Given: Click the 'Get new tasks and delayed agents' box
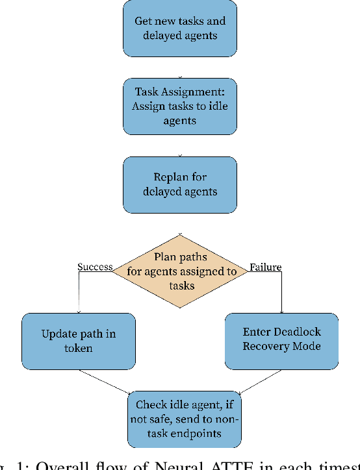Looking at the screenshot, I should coord(179,28).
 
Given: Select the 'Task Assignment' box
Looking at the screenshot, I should coord(179,106).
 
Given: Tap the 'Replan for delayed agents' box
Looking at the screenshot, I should coord(179,184).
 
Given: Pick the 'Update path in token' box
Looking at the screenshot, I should coord(79,341).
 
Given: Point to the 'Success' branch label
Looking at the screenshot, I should coord(95,267).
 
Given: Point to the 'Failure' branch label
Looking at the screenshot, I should coord(265,267).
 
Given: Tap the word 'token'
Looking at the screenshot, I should coord(79,348).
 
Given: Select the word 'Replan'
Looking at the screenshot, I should coord(171,177).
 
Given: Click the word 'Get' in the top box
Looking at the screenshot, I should coord(144,21).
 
